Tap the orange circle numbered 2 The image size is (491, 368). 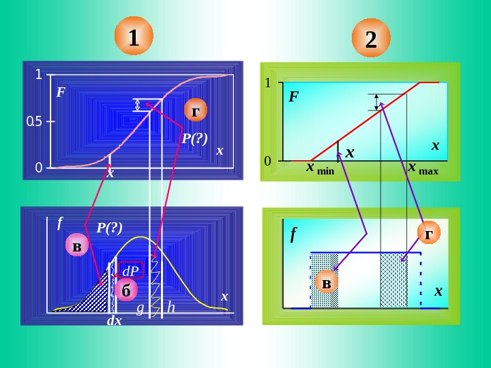click(x=371, y=39)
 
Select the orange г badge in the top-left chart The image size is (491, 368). click(x=196, y=110)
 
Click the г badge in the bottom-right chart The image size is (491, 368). click(x=428, y=235)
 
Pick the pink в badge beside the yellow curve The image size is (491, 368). click(x=77, y=246)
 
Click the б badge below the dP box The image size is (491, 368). click(x=125, y=290)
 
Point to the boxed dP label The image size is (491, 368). click(x=130, y=271)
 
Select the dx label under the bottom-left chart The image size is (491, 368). click(x=114, y=320)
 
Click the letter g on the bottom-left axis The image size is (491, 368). click(x=140, y=308)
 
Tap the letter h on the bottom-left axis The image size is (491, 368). click(x=170, y=308)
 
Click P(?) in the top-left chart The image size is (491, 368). click(x=194, y=138)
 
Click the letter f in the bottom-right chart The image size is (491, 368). click(x=293, y=235)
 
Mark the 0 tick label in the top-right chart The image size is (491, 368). click(x=268, y=161)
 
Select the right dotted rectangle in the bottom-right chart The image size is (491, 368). click(x=393, y=279)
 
